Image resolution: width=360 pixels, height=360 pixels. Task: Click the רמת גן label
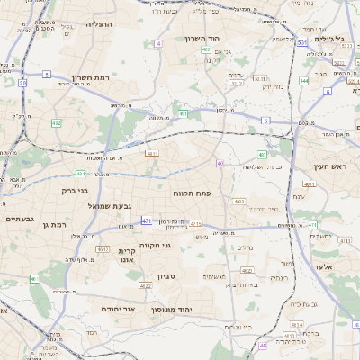[x=57, y=223]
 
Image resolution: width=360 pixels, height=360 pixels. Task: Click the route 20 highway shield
[x=22, y=83]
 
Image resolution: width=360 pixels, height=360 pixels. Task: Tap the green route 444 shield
[x=304, y=81]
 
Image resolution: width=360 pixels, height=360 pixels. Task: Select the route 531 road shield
[x=301, y=42]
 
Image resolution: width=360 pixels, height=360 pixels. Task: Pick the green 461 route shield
[x=80, y=174]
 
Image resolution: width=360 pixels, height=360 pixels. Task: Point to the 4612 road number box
[x=103, y=249]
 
